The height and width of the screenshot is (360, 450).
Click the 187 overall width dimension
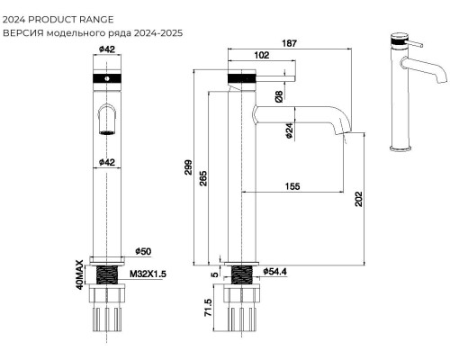(290, 43)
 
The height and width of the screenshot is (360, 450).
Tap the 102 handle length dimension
(262, 55)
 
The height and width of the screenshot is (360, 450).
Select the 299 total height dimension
(188, 167)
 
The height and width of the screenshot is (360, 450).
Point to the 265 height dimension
(203, 178)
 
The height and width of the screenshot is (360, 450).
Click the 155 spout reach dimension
(292, 186)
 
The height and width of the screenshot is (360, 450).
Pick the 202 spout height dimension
(359, 199)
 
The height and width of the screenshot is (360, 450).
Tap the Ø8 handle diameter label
(279, 96)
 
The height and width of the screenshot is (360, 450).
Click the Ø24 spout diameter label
(289, 130)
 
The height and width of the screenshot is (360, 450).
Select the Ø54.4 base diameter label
(275, 272)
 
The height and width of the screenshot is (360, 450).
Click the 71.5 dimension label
(208, 308)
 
